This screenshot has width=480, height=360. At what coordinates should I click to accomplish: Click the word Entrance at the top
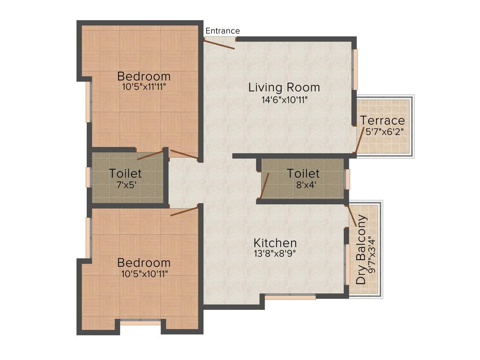pos(223,31)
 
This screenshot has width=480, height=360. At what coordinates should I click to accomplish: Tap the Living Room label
pos(284,87)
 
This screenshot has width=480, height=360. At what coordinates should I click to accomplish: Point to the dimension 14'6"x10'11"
pos(285,99)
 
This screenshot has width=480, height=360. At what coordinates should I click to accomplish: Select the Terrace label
pos(382,120)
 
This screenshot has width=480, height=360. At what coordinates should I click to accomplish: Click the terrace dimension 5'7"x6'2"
pos(383,132)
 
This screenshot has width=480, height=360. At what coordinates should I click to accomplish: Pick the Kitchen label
pos(275,243)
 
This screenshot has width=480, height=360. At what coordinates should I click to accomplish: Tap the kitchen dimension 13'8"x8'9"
pos(275,254)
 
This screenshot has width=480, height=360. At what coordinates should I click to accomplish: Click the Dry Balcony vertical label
pos(361,250)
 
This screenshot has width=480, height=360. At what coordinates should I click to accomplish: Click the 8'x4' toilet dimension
pos(303,184)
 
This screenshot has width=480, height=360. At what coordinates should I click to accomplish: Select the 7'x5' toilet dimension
pos(125,184)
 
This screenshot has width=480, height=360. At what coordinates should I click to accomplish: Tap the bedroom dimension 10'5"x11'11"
pos(144,87)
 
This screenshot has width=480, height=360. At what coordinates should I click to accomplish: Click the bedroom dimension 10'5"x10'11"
pos(144,273)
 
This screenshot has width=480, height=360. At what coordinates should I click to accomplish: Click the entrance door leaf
pos(219,44)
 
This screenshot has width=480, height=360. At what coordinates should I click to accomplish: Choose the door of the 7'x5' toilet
pos(150,155)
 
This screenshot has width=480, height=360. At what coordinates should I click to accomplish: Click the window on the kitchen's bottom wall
pos(290,297)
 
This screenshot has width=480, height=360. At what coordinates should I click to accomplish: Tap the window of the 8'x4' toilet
pos(347,179)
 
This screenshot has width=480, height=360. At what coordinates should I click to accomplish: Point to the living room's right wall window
pos(355,69)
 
